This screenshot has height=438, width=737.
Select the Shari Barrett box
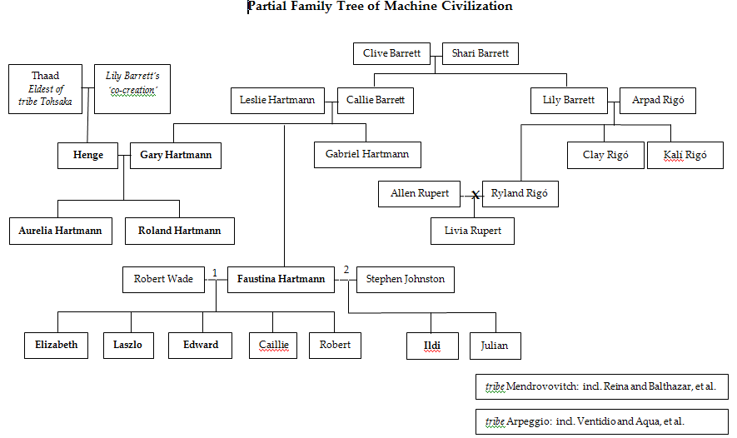(481, 54)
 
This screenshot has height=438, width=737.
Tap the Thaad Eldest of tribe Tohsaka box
(46, 89)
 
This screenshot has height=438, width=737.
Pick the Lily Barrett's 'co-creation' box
(132, 89)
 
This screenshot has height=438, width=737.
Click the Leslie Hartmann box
(277, 101)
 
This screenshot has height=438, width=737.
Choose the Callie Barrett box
(376, 101)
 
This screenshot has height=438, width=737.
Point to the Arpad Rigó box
(657, 101)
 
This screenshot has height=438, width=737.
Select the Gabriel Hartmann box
(367, 155)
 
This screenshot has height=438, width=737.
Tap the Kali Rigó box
(685, 156)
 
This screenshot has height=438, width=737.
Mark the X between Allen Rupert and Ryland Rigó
(476, 195)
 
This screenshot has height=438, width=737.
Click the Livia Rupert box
(472, 231)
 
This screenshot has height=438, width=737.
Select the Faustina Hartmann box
(281, 279)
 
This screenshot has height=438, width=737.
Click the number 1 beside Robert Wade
(214, 272)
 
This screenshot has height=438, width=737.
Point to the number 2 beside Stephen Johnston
(346, 270)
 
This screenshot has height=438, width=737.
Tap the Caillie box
(273, 345)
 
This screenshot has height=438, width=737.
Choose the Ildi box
(433, 346)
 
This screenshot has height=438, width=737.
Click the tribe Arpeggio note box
(602, 422)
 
